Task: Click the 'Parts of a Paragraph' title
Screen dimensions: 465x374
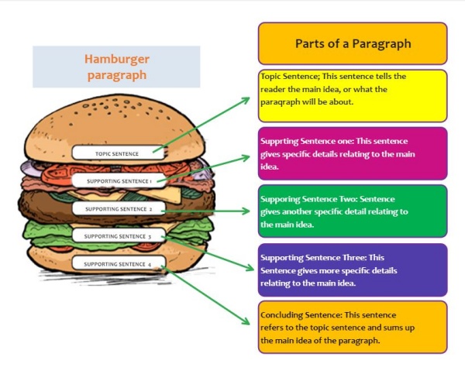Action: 353,44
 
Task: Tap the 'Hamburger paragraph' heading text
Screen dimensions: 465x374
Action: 117,67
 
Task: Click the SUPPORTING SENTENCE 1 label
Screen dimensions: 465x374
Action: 119,180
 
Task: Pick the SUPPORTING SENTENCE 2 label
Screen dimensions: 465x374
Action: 119,208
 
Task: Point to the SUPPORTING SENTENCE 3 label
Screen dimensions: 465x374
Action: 119,236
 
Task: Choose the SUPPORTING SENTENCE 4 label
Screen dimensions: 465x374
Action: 119,263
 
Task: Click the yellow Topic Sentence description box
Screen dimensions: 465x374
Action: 353,96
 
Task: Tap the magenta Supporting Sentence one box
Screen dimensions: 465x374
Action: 353,153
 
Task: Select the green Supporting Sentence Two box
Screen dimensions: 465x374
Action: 353,211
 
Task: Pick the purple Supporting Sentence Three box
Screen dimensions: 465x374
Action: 353,270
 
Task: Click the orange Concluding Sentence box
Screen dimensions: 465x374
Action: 353,328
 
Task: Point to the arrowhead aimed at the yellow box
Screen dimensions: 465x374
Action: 247,99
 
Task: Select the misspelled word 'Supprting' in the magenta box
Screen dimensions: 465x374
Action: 279,142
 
